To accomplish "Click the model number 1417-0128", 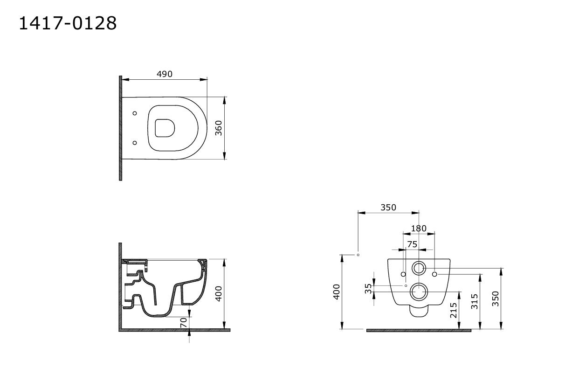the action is [68, 23].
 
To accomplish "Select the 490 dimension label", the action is [165, 74].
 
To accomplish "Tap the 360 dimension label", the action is [219, 128].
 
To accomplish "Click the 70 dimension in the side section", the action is [183, 322].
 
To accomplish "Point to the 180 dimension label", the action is [419, 229].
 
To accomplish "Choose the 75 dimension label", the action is [413, 244].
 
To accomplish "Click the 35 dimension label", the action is [368, 289].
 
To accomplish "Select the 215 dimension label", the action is [454, 310].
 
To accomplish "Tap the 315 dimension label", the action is [475, 301].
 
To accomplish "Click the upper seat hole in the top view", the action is [135, 113].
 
